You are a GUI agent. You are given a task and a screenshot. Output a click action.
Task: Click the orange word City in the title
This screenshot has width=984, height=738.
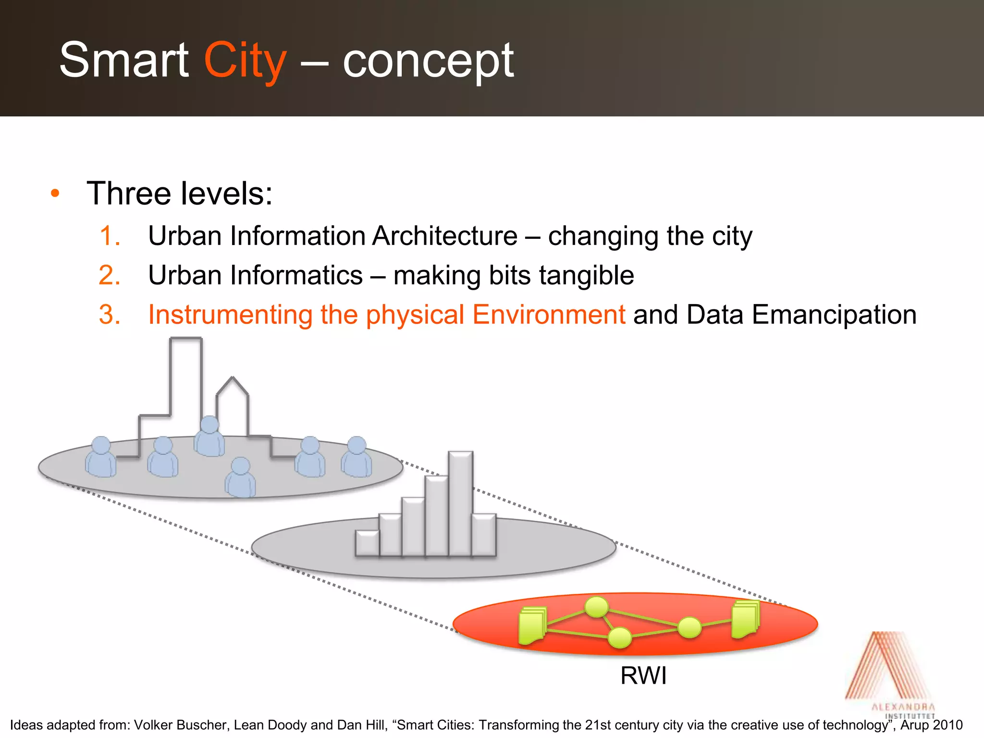pyautogui.click(x=245, y=61)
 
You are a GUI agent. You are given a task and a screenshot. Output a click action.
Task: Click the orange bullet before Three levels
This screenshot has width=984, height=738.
pyautogui.click(x=55, y=194)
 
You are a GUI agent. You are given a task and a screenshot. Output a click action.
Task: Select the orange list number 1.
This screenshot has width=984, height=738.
pyautogui.click(x=110, y=236)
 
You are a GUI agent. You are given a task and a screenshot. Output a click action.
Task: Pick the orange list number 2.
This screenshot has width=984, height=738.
pyautogui.click(x=110, y=275)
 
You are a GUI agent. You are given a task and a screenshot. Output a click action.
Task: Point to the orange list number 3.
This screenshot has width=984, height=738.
pyautogui.click(x=110, y=315)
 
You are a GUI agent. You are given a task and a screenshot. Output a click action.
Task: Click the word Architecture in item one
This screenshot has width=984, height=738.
pyautogui.click(x=444, y=236)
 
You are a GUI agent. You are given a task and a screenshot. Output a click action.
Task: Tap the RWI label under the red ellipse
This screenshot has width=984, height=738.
pyautogui.click(x=643, y=676)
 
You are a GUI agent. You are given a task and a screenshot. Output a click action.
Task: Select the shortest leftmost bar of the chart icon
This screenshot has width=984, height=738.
pyautogui.click(x=367, y=543)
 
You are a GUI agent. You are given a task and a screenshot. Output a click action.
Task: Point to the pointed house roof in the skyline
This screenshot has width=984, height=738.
pyautogui.click(x=233, y=384)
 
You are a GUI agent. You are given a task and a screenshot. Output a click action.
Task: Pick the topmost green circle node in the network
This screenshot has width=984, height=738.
pyautogui.click(x=597, y=607)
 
